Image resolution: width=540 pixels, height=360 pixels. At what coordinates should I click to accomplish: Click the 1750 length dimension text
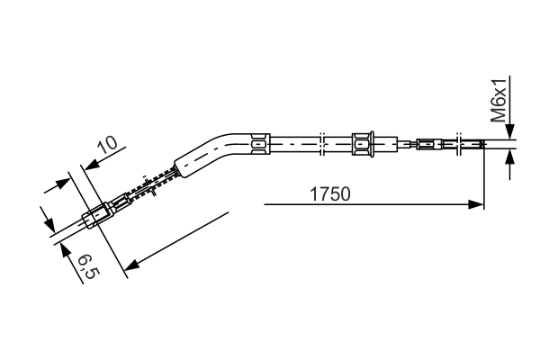pyautogui.click(x=330, y=194)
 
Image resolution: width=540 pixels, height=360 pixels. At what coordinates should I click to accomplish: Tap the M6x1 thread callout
pyautogui.click(x=499, y=100)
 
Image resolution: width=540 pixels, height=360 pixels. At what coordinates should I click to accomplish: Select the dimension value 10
pyautogui.click(x=107, y=145)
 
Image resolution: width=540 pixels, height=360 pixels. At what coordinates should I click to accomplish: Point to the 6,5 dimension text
pyautogui.click(x=89, y=266)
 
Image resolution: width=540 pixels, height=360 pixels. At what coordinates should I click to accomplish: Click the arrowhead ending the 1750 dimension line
pyautogui.click(x=476, y=204)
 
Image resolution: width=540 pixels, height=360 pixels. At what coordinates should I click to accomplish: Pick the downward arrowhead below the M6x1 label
pyautogui.click(x=510, y=131)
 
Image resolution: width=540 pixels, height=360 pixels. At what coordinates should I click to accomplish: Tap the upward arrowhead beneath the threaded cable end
pyautogui.click(x=510, y=157)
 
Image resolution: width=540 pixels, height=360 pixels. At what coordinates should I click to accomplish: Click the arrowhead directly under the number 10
pyautogui.click(x=93, y=164)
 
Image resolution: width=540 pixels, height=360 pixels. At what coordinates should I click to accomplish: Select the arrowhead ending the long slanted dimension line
pyautogui.click(x=132, y=265)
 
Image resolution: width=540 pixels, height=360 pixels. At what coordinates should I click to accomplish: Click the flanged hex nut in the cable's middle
pyautogui.click(x=363, y=144)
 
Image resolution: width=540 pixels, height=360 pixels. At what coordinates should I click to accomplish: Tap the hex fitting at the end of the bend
pyautogui.click(x=260, y=143)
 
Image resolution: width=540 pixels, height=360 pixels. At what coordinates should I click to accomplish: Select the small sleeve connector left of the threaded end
pyautogui.click(x=429, y=144)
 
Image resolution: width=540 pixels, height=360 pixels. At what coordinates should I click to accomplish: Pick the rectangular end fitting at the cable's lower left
pyautogui.click(x=98, y=216)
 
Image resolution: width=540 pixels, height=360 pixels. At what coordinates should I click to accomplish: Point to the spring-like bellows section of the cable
pyautogui.click(x=151, y=184)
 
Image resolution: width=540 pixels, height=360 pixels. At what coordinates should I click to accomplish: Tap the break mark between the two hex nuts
pyautogui.click(x=322, y=144)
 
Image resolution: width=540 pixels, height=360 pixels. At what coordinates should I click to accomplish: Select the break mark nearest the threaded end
pyautogui.click(x=459, y=144)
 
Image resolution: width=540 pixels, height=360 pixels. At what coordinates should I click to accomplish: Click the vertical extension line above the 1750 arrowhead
pyautogui.click(x=484, y=175)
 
